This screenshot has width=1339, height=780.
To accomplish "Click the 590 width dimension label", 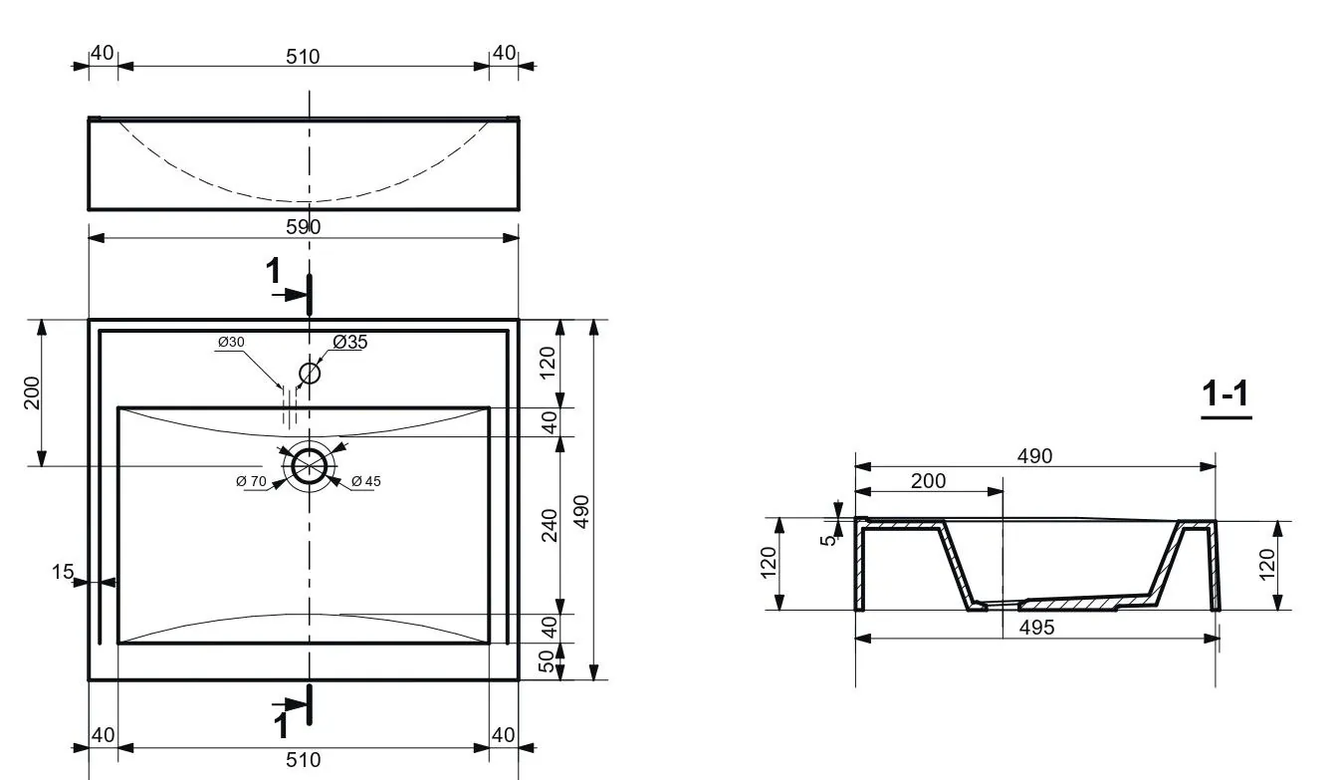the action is click(x=303, y=227).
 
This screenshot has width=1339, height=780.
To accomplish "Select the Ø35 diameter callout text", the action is click(x=350, y=342).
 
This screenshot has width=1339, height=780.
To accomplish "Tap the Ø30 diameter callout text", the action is click(x=231, y=342).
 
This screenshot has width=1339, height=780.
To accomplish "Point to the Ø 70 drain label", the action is click(x=251, y=481).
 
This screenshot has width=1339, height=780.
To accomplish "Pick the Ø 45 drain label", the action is click(x=365, y=481).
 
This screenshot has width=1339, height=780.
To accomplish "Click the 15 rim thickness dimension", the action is click(x=63, y=572).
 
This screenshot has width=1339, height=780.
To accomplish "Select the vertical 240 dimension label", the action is click(x=550, y=525).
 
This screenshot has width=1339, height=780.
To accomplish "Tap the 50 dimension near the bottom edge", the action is click(x=547, y=661).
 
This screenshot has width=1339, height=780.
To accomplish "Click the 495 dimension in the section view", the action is click(x=1036, y=628).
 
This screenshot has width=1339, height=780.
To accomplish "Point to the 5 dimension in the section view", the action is click(x=828, y=540).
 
